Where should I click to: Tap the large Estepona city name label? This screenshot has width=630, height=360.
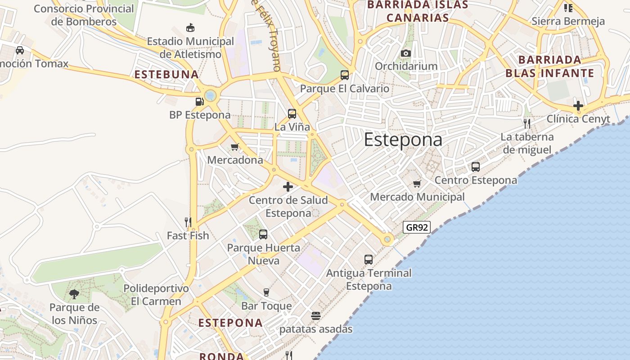(x=403, y=140)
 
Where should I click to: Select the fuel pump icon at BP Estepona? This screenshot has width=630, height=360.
(x=199, y=102)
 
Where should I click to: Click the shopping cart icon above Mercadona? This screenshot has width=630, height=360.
(x=234, y=147)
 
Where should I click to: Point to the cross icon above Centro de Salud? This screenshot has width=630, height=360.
(x=288, y=186)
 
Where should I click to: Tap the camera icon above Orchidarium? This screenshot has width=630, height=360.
(x=405, y=53)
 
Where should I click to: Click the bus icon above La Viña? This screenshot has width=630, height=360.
(x=292, y=114)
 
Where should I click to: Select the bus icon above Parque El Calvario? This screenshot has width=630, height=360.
(x=345, y=75)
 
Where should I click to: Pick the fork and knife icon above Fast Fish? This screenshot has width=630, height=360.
(x=188, y=222)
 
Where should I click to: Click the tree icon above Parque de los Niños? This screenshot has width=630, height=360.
(x=74, y=294)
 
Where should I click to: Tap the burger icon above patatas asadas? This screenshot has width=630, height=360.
(x=316, y=316)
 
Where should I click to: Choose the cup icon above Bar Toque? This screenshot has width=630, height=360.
(x=266, y=292)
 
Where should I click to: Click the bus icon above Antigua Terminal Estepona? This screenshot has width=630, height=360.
(x=369, y=260)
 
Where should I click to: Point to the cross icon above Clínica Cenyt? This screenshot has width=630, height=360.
(x=578, y=106)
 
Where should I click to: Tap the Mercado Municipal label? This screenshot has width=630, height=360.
(x=417, y=197)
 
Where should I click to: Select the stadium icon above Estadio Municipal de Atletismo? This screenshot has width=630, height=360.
(x=190, y=28)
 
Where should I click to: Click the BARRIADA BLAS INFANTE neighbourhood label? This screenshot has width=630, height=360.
(x=549, y=67)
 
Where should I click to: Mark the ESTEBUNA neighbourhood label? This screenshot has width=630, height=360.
(x=166, y=75)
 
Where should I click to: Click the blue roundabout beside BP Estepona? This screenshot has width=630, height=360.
(x=210, y=95)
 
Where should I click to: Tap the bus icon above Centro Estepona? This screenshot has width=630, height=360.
(x=476, y=167)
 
